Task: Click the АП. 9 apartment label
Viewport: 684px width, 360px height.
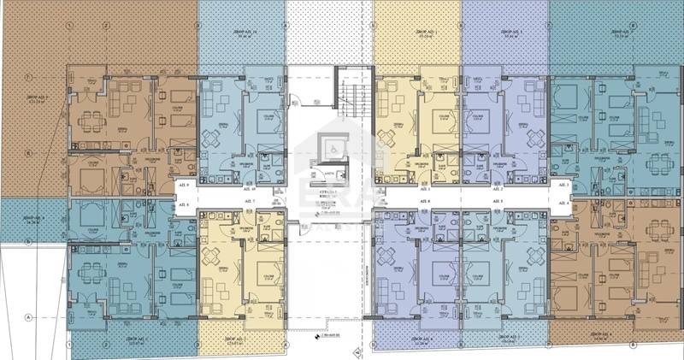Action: (183, 185)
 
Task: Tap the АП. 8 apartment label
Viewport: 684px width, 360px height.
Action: (183, 205)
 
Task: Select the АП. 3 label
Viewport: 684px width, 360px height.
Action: (563, 185)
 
